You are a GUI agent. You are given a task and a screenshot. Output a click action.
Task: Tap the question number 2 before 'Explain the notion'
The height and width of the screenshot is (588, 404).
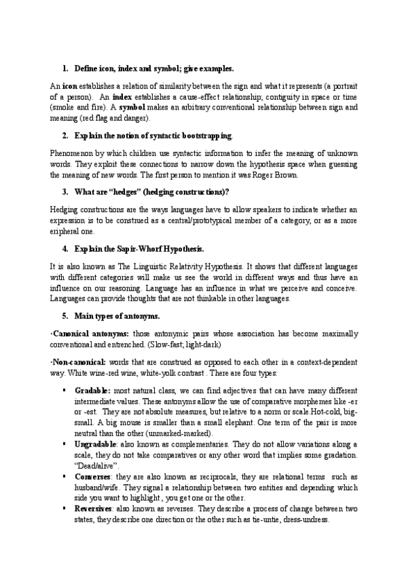click(65, 135)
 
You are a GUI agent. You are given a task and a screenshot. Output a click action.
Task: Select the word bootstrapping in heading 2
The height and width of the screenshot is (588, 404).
click(206, 135)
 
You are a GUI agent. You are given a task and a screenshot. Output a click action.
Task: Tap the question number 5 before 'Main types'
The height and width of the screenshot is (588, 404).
click(65, 315)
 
